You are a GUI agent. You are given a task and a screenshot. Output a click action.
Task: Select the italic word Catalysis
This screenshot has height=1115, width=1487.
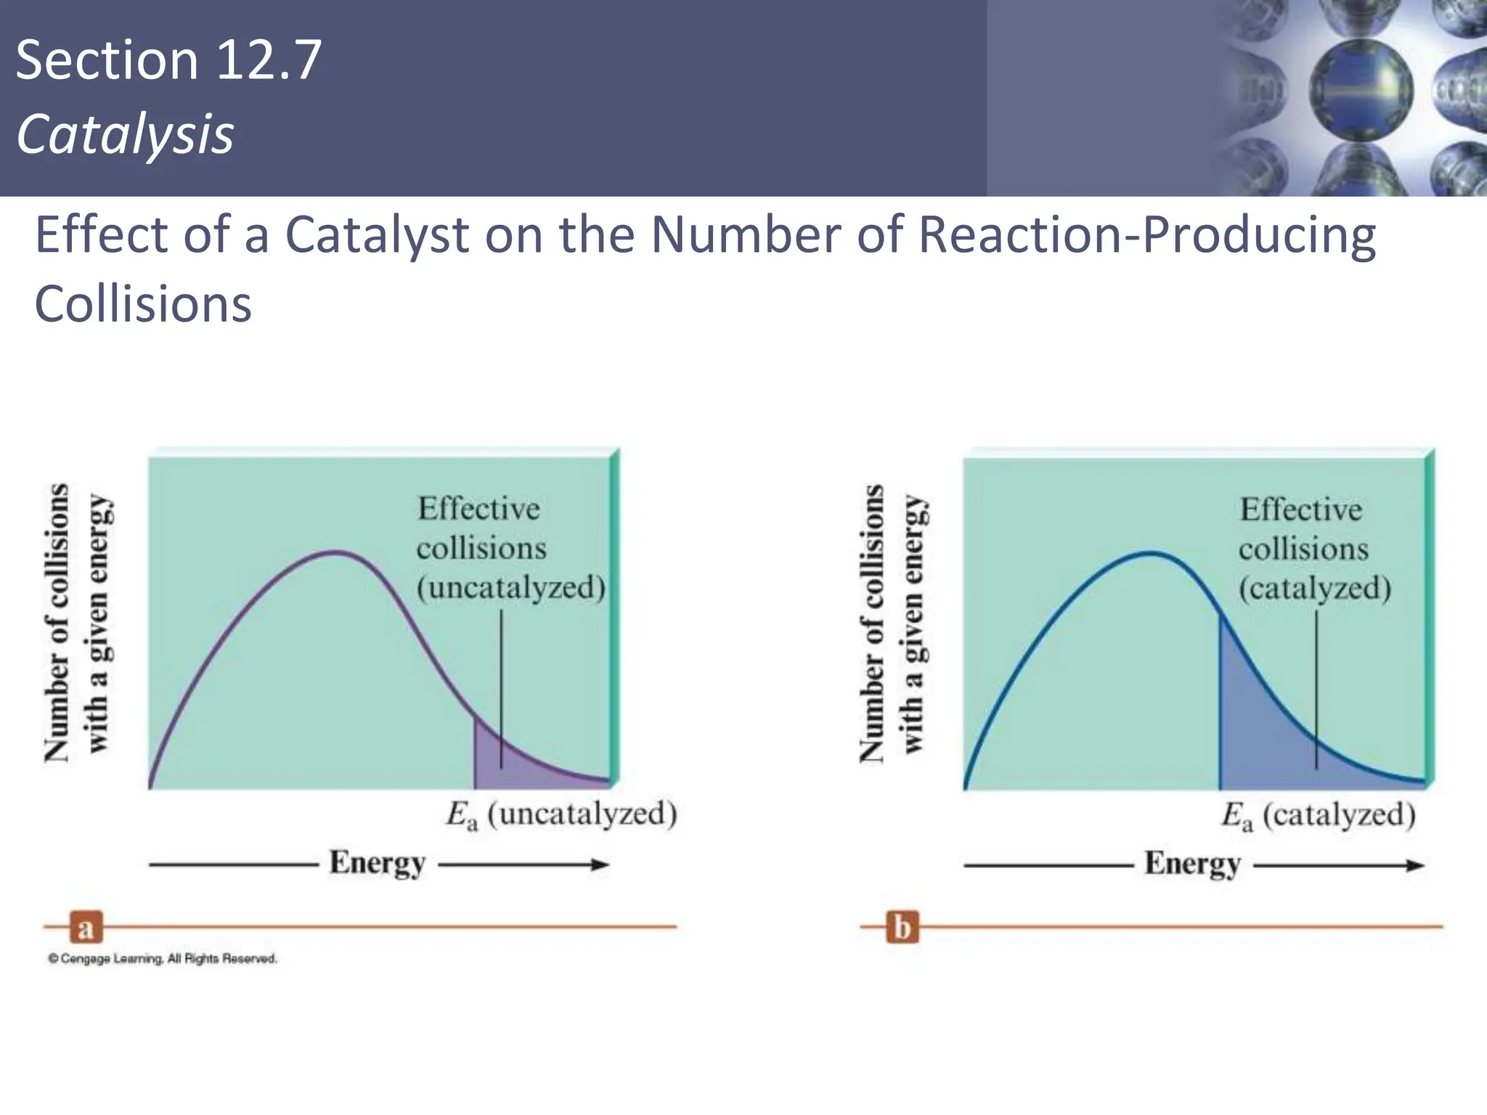coord(125,134)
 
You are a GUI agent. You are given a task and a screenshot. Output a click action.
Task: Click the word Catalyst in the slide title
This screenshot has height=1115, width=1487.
coord(377,234)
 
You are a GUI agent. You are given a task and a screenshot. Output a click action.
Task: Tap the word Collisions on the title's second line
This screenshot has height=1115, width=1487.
coord(143,303)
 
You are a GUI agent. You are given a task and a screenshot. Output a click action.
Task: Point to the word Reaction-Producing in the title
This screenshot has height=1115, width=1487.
coord(1146,234)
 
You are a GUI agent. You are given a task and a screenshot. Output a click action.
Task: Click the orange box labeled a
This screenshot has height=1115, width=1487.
coord(86,927)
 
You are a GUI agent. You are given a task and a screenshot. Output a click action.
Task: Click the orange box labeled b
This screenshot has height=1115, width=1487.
coord(902,927)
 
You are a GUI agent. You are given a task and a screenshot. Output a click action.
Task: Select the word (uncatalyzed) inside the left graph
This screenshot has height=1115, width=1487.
coord(511,587)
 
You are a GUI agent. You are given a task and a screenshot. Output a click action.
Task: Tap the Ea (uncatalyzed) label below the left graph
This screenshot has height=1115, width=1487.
coord(561,815)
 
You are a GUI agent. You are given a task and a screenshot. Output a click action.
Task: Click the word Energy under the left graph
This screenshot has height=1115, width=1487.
coord(378,863)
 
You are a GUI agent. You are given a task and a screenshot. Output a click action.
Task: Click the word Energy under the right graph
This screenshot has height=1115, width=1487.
coord(1193,864)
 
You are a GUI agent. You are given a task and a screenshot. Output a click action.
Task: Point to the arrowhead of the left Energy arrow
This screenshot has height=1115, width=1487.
coord(601,864)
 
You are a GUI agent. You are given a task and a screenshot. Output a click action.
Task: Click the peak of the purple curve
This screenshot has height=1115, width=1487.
coord(335,552)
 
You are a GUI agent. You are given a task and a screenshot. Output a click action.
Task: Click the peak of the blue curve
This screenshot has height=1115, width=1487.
coord(1152,553)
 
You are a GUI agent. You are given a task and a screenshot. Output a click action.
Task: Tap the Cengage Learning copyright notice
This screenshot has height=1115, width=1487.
coord(163,959)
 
